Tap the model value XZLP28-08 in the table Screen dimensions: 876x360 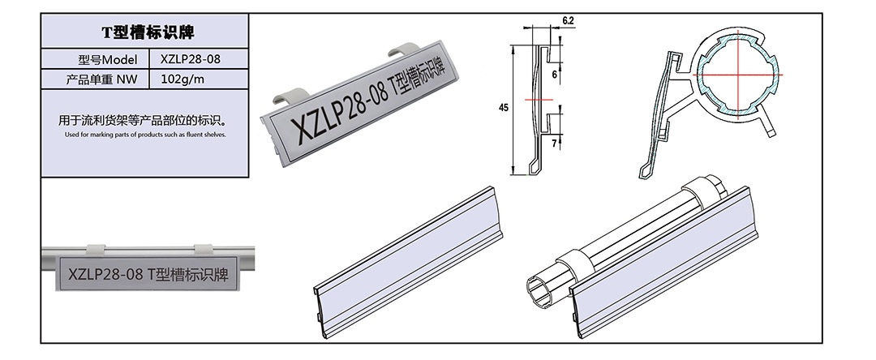tap(190, 59)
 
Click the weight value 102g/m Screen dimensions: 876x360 tap(182, 79)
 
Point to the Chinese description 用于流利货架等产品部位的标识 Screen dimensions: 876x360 tap(144, 120)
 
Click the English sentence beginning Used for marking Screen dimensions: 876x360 tap(145, 135)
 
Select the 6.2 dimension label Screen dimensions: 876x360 tap(568, 20)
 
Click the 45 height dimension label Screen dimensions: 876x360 tap(504, 109)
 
